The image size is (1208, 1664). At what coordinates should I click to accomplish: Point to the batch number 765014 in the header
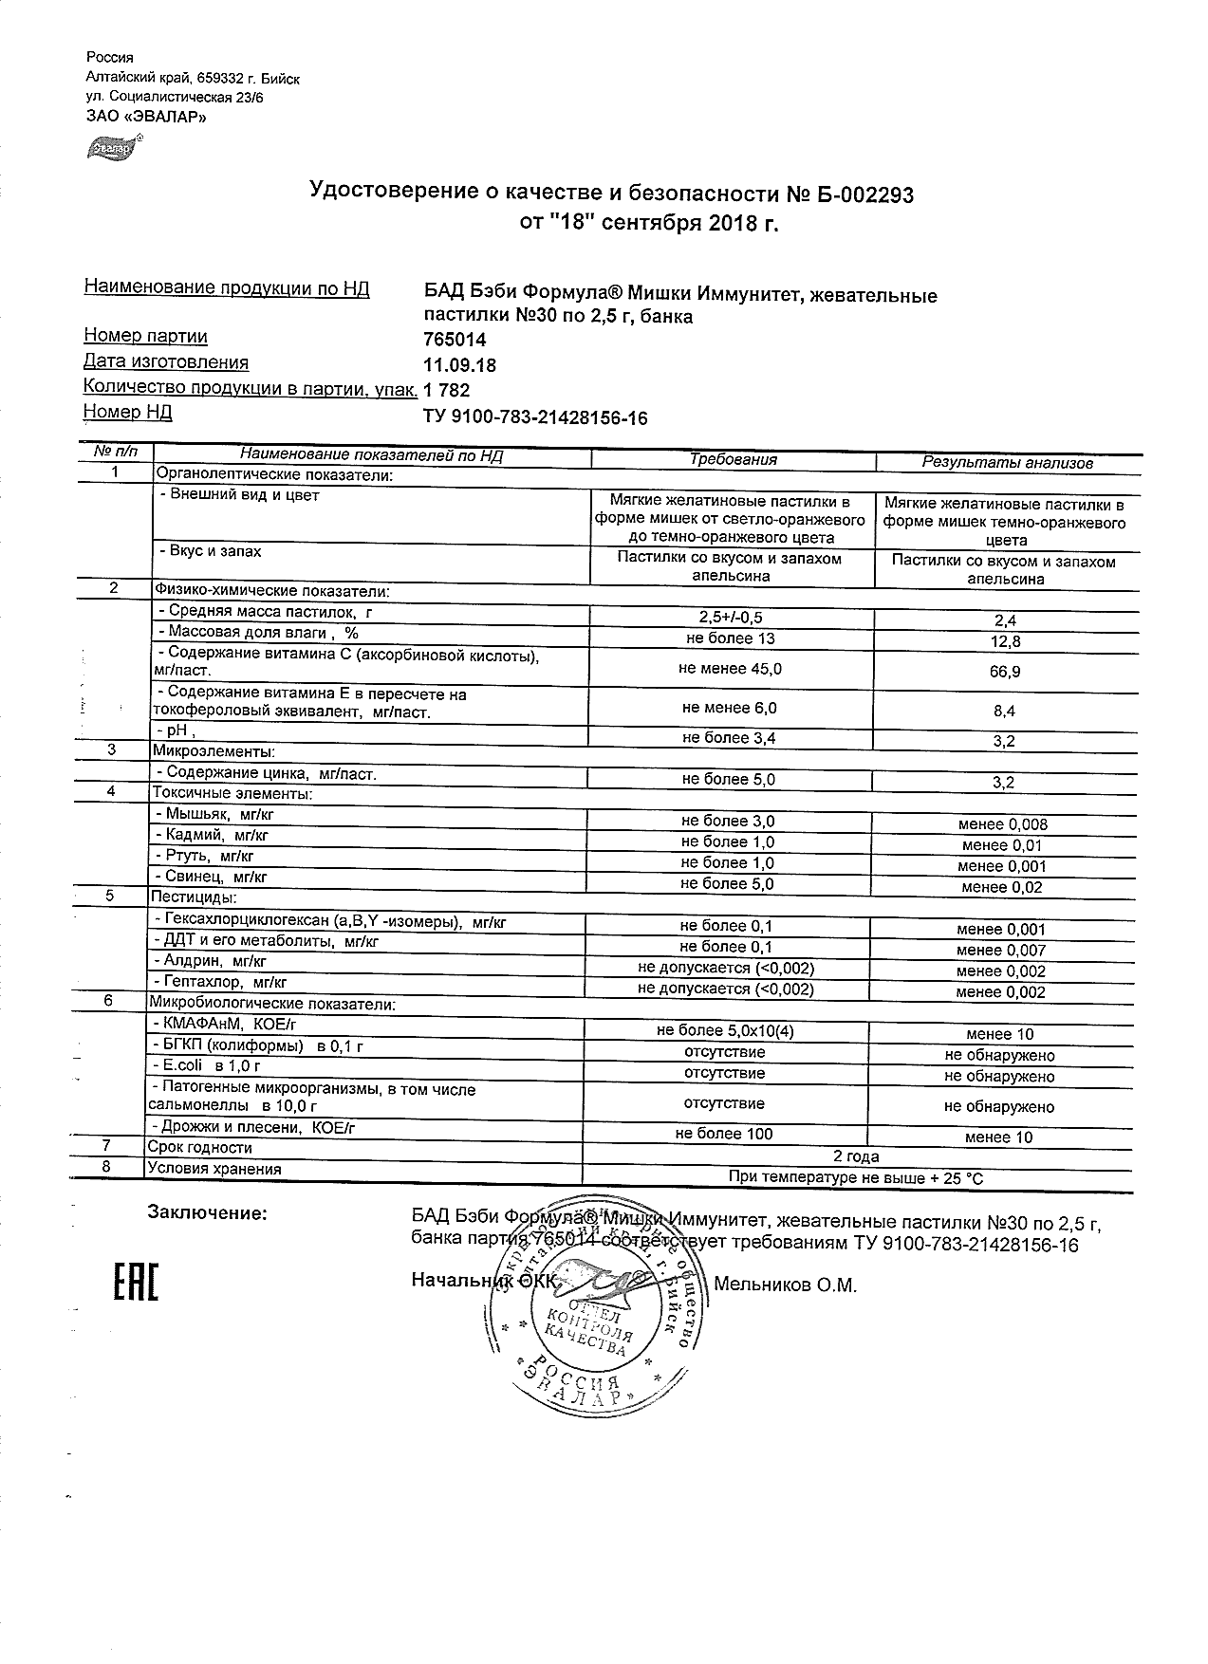point(454,341)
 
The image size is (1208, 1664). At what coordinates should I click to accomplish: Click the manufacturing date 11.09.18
point(459,365)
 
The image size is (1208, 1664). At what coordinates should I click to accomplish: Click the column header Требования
point(733,460)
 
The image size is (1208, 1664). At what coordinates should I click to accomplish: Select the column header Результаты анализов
point(1008,463)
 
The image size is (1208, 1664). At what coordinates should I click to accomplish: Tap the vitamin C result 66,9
point(1003,672)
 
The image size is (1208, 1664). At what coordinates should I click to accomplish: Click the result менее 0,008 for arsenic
point(1003,824)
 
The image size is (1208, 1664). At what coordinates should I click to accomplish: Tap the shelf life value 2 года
point(855,1156)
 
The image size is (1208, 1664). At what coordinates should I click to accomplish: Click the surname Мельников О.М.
point(785,1285)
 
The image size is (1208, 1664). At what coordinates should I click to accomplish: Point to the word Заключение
point(207,1212)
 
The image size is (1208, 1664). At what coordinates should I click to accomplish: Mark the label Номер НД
point(128,412)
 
